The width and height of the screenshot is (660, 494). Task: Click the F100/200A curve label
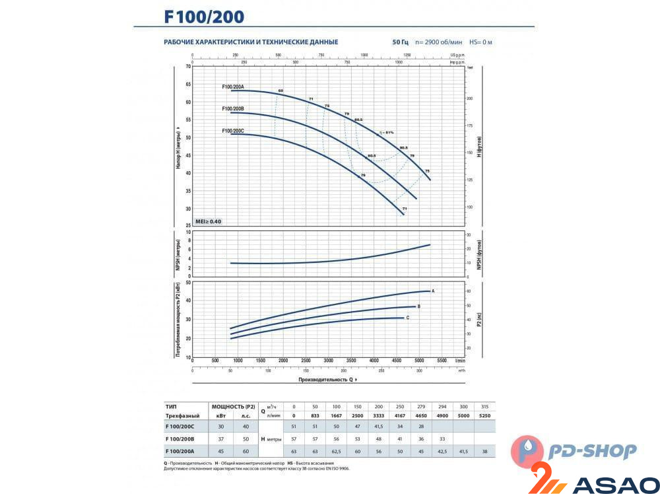pyautogui.click(x=233, y=87)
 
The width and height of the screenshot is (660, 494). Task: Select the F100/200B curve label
pyautogui.click(x=233, y=109)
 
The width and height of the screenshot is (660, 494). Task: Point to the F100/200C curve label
pyautogui.click(x=233, y=131)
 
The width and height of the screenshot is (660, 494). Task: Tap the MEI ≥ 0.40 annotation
pyautogui.click(x=208, y=221)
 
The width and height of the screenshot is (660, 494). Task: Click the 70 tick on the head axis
pyautogui.click(x=188, y=67)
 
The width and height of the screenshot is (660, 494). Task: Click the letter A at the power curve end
pyautogui.click(x=433, y=291)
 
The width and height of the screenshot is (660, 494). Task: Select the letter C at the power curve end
pyautogui.click(x=408, y=318)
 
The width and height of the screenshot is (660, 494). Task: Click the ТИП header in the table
pyautogui.click(x=170, y=407)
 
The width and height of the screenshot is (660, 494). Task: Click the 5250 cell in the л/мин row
pyautogui.click(x=485, y=416)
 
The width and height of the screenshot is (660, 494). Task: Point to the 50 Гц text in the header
pyautogui.click(x=400, y=42)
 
